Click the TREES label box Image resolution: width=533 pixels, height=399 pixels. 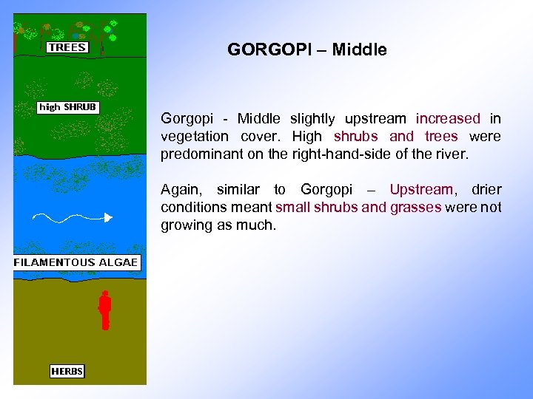67,47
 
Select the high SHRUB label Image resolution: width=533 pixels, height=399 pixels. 68,107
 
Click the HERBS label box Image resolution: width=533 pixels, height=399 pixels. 67,371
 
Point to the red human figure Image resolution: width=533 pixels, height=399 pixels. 105,309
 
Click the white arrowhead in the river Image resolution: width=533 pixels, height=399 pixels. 107,217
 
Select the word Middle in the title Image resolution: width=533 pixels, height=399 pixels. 359,50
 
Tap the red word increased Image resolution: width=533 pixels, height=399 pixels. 448,118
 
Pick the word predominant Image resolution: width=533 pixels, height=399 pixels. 201,154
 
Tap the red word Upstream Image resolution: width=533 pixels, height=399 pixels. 420,190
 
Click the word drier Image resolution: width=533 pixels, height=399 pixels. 486,190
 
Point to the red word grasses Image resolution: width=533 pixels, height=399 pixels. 411,208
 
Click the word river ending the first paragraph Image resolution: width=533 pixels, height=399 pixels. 452,154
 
